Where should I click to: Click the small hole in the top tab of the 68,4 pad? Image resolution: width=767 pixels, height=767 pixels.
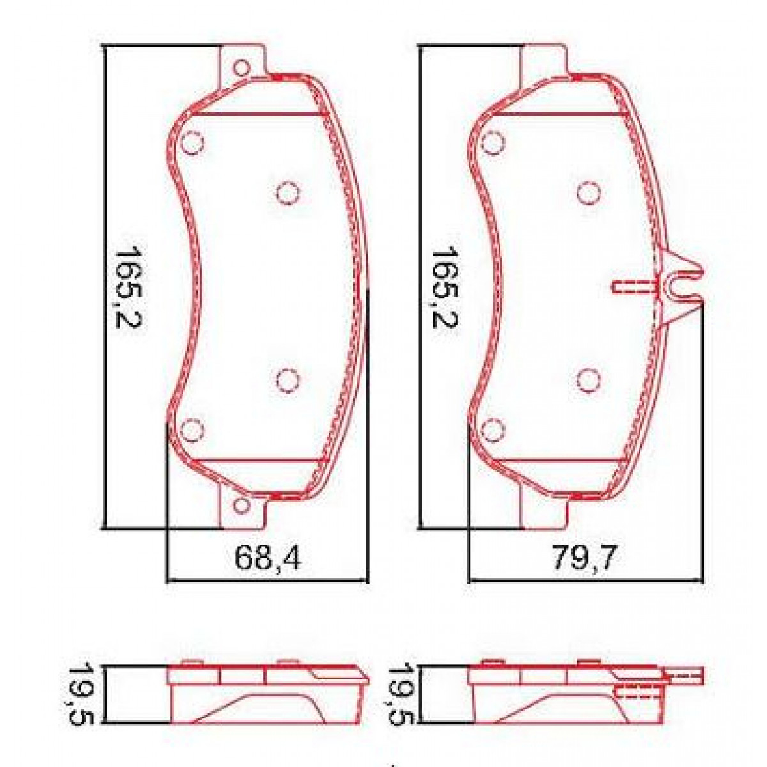(x=241, y=68)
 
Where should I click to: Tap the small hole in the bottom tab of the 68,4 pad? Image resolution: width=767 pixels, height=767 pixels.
(x=241, y=506)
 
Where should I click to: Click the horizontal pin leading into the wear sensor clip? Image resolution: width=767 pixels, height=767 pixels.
(x=634, y=287)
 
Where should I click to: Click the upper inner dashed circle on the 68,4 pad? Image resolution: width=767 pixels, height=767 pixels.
(x=287, y=192)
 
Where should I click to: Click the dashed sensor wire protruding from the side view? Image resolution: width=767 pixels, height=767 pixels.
(x=684, y=674)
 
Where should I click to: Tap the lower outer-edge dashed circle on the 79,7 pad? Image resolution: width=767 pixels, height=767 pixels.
(x=492, y=430)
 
